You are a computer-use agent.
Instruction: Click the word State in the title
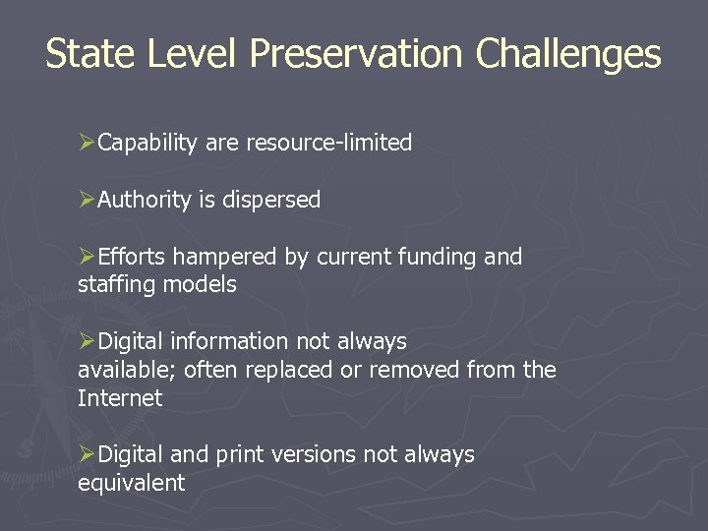click(90, 53)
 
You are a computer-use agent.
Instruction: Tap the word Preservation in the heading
click(356, 53)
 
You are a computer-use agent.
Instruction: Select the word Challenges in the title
click(568, 53)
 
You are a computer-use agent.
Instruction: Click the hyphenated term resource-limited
click(328, 144)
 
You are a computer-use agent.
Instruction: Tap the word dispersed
click(271, 201)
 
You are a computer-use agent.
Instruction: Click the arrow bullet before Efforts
click(88, 258)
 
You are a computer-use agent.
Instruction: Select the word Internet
click(120, 398)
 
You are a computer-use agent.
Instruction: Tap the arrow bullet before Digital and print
click(88, 455)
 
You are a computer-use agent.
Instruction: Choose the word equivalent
click(131, 483)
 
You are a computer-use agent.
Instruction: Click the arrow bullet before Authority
click(88, 201)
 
